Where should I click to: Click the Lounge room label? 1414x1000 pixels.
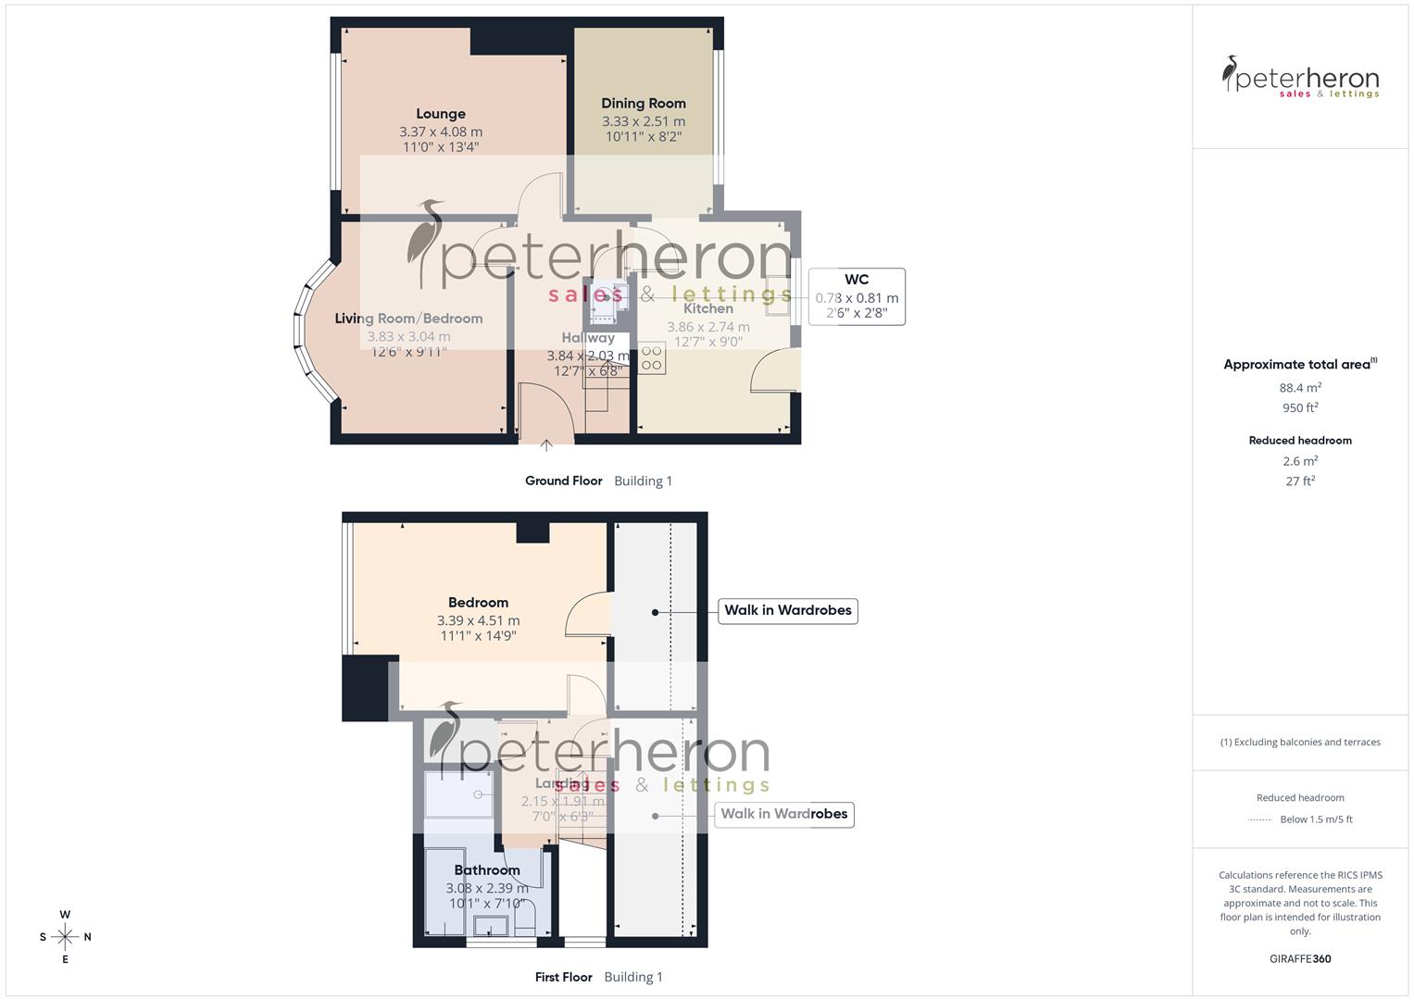(x=440, y=114)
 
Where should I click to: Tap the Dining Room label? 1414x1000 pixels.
(x=644, y=104)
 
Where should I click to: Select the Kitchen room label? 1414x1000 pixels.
(x=708, y=308)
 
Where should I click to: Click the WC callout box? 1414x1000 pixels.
(x=857, y=296)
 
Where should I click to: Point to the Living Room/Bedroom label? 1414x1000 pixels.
(x=408, y=319)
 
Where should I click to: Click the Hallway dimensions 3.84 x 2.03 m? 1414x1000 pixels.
(x=587, y=356)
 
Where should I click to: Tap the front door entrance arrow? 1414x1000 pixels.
(x=546, y=446)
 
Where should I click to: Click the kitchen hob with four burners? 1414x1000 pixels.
(x=652, y=358)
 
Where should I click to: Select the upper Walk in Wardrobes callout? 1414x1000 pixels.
(x=788, y=610)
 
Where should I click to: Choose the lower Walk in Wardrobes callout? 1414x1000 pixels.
(x=784, y=814)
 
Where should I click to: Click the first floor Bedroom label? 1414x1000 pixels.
(x=478, y=603)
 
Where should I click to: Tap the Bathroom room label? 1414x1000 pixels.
(x=487, y=870)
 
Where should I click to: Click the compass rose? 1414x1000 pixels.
(x=65, y=937)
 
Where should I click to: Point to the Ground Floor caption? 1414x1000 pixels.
(x=563, y=481)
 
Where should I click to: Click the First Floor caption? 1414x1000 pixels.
(x=563, y=977)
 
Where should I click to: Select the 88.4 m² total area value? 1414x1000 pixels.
(x=1300, y=388)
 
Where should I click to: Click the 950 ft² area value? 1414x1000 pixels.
(x=1300, y=407)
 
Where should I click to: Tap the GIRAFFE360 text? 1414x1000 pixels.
(x=1300, y=959)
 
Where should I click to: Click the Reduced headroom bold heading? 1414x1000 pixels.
(x=1300, y=441)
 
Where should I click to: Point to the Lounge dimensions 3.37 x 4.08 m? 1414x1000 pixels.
(x=441, y=131)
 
